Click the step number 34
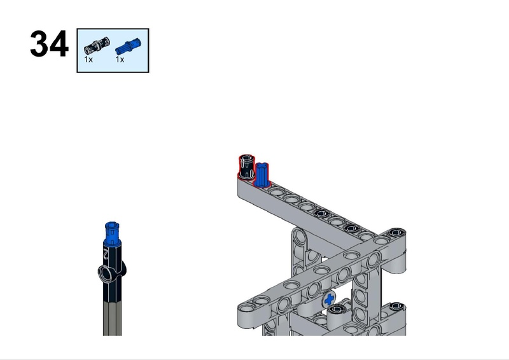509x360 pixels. click(49, 44)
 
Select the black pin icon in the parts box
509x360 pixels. click(97, 45)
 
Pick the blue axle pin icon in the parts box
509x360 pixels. click(129, 46)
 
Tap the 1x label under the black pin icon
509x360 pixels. click(88, 59)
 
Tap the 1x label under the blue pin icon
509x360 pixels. click(120, 59)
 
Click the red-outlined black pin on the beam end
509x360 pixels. click(246, 167)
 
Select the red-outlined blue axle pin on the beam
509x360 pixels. click(261, 175)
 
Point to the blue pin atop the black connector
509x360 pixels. click(112, 232)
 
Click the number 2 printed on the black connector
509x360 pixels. click(106, 253)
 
